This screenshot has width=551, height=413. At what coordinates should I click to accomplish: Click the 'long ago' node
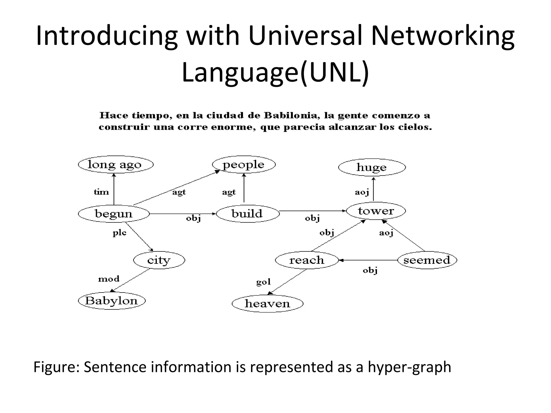pyautogui.click(x=115, y=164)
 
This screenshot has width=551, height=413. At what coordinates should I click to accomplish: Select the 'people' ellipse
pyautogui.click(x=244, y=164)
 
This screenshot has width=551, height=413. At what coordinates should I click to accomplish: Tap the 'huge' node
pyautogui.click(x=372, y=167)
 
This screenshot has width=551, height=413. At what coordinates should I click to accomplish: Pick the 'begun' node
pyautogui.click(x=114, y=214)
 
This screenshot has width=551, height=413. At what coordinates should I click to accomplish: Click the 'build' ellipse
pyautogui.click(x=248, y=214)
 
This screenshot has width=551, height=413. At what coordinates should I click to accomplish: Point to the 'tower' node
pyautogui.click(x=376, y=211)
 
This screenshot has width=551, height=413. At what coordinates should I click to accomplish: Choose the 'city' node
pyautogui.click(x=159, y=260)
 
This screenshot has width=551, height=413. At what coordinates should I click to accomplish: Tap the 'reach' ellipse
pyautogui.click(x=307, y=260)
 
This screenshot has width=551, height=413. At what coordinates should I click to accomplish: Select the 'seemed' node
pyautogui.click(x=427, y=260)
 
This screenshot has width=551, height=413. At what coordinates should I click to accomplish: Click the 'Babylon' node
pyautogui.click(x=111, y=301)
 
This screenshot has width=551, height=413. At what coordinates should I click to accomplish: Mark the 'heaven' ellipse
pyautogui.click(x=267, y=304)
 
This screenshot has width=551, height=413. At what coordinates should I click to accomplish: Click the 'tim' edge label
pyautogui.click(x=101, y=192)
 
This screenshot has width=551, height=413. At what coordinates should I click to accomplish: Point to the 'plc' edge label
pyautogui.click(x=119, y=232)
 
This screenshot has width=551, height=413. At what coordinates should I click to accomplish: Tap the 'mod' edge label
pyautogui.click(x=109, y=279)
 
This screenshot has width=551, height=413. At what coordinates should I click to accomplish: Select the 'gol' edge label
pyautogui.click(x=263, y=282)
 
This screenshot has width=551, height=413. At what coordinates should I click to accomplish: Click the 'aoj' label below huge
pyautogui.click(x=362, y=192)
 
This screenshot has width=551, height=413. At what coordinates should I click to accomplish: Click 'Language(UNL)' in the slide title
pyautogui.click(x=275, y=72)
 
